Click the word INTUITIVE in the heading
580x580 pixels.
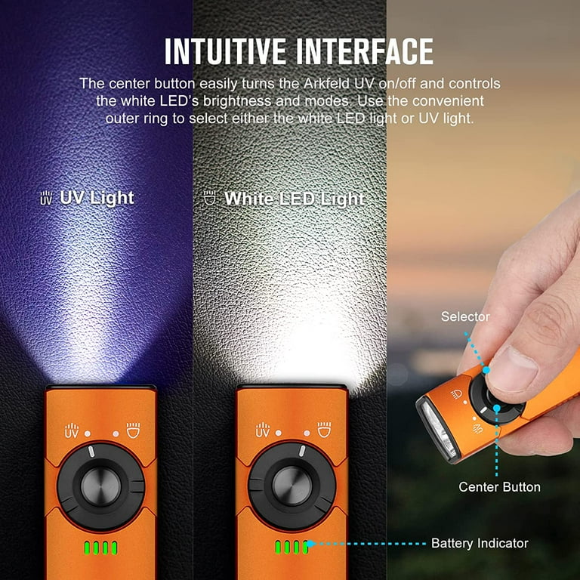click(225, 51)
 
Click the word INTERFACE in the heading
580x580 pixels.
click(365, 51)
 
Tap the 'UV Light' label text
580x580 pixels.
click(97, 198)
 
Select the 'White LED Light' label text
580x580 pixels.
click(295, 199)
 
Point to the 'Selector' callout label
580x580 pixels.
click(465, 316)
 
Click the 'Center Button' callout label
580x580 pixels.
click(499, 487)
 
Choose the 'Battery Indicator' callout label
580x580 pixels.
click(480, 543)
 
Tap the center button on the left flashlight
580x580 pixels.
click(100, 486)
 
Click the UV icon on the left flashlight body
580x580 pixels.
click(72, 430)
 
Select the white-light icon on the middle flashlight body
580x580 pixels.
click(325, 430)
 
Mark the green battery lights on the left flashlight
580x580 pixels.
click(100, 548)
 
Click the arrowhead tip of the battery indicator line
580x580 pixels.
click(307, 544)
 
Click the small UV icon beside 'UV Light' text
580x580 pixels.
click(46, 198)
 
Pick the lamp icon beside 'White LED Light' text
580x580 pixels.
click(210, 198)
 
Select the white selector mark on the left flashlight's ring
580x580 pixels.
click(91, 452)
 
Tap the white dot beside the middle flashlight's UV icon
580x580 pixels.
click(279, 433)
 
